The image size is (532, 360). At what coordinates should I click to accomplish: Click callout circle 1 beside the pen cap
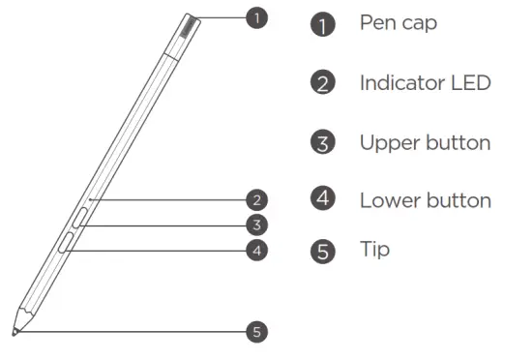pyautogui.click(x=255, y=16)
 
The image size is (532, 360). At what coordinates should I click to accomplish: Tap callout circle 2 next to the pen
pyautogui.click(x=255, y=201)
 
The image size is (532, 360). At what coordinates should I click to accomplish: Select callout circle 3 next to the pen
pyautogui.click(x=255, y=225)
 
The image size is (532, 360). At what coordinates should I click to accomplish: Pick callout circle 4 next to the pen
pyautogui.click(x=255, y=250)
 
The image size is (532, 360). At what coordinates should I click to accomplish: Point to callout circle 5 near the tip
pyautogui.click(x=255, y=331)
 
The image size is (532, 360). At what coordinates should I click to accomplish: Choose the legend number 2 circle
pyautogui.click(x=322, y=83)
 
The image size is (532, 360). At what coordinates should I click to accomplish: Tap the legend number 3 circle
pyautogui.click(x=322, y=143)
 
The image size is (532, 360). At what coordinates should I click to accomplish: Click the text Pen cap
pyautogui.click(x=399, y=22)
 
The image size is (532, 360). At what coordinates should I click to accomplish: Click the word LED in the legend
pyautogui.click(x=471, y=82)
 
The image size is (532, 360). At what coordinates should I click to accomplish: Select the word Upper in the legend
pyautogui.click(x=387, y=143)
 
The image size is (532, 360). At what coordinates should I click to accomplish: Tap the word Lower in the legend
pyautogui.click(x=388, y=200)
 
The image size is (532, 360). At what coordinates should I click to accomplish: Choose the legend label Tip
pyautogui.click(x=375, y=250)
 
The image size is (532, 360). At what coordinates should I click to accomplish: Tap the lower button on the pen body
pyautogui.click(x=67, y=242)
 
